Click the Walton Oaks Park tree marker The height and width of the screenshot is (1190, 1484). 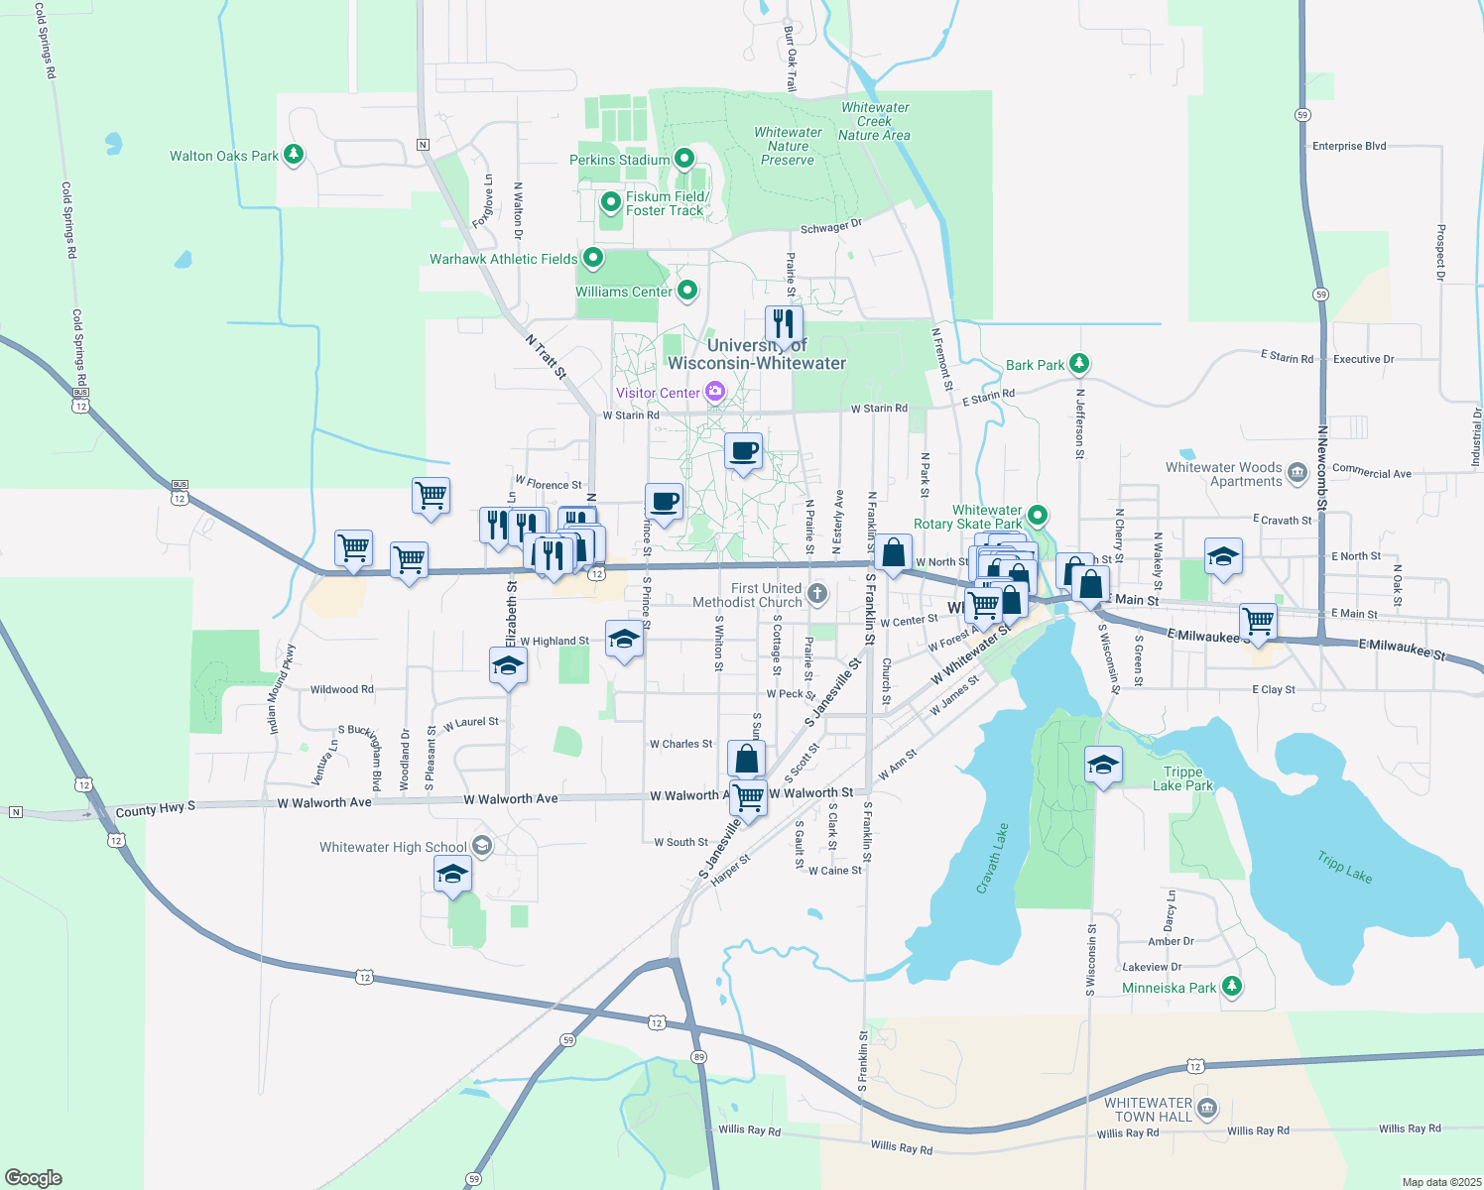[293, 155]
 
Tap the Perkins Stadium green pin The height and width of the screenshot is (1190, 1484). [684, 159]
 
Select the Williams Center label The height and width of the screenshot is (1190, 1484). [624, 292]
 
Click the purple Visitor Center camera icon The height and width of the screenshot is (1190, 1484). [714, 393]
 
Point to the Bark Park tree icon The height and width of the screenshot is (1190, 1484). [1079, 364]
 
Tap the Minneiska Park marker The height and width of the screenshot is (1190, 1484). [1232, 987]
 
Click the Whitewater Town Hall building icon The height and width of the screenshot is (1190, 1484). [1207, 1108]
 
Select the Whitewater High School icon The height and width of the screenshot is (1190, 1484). [482, 846]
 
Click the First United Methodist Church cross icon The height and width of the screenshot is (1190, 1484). [817, 594]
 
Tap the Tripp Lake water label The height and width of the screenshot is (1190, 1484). [1344, 866]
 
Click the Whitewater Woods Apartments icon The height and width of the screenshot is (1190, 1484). [1298, 474]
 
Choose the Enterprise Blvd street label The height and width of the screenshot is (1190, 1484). [1349, 146]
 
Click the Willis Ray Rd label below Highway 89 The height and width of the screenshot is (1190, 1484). [749, 1130]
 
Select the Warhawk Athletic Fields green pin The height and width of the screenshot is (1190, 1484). [593, 258]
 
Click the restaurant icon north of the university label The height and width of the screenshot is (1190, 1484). [784, 324]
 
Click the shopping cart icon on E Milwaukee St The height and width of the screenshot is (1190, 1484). [1258, 622]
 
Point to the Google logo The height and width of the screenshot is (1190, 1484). [34, 1178]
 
